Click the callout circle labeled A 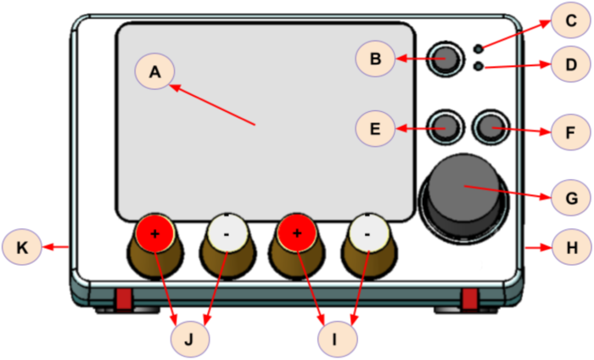click(154, 70)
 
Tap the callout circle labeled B click(375, 59)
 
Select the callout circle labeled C click(571, 20)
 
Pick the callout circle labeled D click(571, 64)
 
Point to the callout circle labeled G click(571, 198)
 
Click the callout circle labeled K click(22, 247)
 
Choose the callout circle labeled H click(572, 247)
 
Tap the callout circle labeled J click(190, 339)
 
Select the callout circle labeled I click(337, 339)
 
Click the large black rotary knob click(463, 198)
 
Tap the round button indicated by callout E click(445, 127)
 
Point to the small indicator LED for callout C click(479, 48)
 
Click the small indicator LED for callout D click(479, 66)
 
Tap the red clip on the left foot click(124, 299)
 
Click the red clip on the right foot click(470, 299)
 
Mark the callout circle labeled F click(571, 132)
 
